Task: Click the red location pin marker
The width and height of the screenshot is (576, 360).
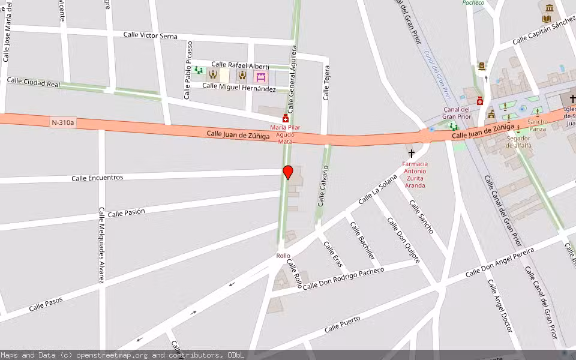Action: click(288, 172)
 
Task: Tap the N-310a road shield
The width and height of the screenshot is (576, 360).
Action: click(63, 122)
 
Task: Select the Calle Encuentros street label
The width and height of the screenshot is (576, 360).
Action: click(97, 178)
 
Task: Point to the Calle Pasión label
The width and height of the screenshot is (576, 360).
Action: click(127, 212)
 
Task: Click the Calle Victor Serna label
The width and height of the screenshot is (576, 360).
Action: click(150, 35)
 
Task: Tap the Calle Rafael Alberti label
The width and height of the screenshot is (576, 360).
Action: click(240, 65)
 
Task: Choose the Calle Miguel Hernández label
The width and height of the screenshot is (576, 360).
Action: click(239, 87)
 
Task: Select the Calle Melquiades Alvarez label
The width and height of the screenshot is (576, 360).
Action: click(101, 245)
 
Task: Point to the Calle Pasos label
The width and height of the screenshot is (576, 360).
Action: click(46, 304)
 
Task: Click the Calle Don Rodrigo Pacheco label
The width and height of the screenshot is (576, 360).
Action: click(343, 278)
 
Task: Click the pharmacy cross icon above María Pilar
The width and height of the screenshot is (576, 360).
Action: click(285, 119)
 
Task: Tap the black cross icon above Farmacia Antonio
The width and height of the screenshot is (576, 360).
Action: click(411, 154)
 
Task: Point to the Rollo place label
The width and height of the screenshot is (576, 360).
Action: click(283, 256)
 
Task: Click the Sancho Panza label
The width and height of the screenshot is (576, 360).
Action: click(537, 125)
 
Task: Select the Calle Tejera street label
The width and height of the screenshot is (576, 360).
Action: click(326, 82)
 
